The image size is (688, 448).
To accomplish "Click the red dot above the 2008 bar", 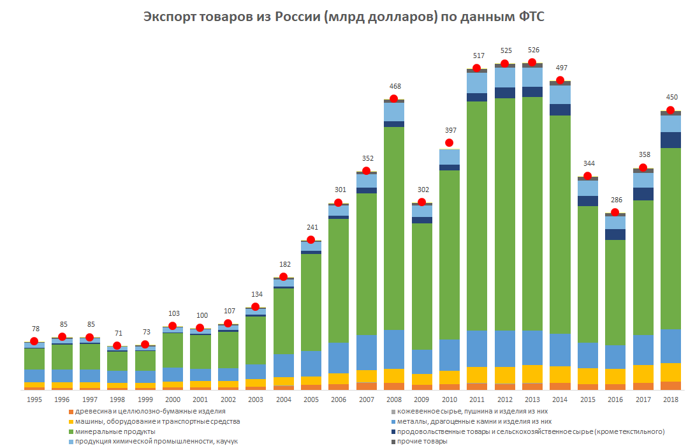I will click(x=393, y=98).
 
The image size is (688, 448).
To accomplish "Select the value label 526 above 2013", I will click(x=532, y=50).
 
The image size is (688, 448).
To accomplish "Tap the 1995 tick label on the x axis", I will click(x=34, y=399).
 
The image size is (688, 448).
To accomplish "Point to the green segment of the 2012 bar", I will click(x=504, y=214).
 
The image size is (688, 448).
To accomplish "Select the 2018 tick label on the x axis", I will click(x=670, y=399).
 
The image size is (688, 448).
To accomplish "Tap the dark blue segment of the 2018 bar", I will click(x=670, y=140).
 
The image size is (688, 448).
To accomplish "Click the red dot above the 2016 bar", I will click(x=615, y=213).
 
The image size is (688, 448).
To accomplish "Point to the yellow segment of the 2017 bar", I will click(x=643, y=373).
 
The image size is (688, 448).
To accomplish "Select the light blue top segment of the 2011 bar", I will click(x=476, y=83).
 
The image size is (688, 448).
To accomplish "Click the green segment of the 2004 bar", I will click(x=283, y=321).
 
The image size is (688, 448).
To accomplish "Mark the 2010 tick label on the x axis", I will click(x=449, y=399).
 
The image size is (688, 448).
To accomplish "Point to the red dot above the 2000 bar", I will click(x=172, y=326).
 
